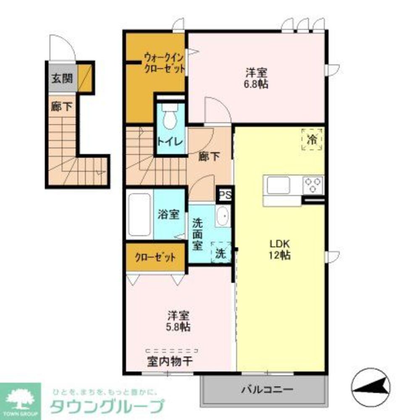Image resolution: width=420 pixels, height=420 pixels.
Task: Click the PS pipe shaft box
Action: pos(225,195)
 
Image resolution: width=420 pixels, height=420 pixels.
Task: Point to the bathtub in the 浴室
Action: pos(140,214)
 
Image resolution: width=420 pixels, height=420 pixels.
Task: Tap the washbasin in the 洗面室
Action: pos(223,217)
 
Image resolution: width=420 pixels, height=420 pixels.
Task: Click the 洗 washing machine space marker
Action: pos(221,253)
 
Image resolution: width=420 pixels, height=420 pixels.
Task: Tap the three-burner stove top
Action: pos(313,185)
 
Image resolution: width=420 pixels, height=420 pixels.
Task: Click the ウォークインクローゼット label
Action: pos(164,63)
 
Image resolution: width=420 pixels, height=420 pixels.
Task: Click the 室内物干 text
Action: pos(170,360)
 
